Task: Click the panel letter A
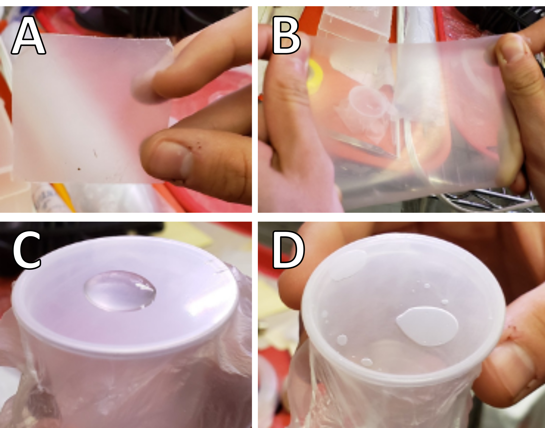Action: pos(28,35)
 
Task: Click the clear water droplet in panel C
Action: pos(120,291)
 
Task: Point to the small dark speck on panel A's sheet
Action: pos(79,169)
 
